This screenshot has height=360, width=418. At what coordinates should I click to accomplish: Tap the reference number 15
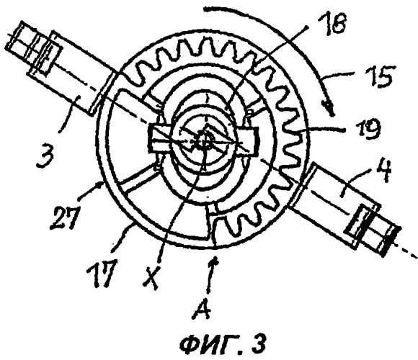pos(379,77)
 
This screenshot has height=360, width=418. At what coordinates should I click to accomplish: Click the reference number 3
pos(45,156)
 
